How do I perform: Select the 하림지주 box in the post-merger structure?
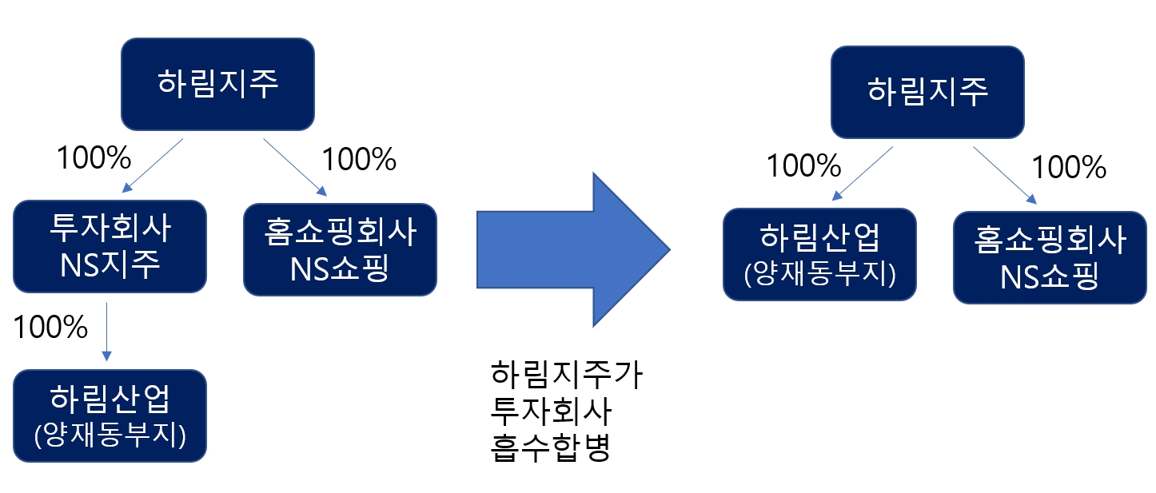point(927,91)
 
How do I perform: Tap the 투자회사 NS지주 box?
point(110,246)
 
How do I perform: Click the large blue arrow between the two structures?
point(572,248)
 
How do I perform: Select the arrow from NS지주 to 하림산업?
point(107,332)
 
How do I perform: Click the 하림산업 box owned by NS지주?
point(110,415)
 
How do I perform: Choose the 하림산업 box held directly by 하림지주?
point(820,254)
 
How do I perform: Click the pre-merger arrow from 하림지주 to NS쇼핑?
point(294,166)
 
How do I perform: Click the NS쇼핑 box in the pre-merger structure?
point(340,248)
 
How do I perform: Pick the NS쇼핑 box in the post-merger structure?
point(1050,256)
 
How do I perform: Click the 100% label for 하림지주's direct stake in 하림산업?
point(803,166)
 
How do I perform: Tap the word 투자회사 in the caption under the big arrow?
point(551,411)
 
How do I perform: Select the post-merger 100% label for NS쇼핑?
point(1069,168)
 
